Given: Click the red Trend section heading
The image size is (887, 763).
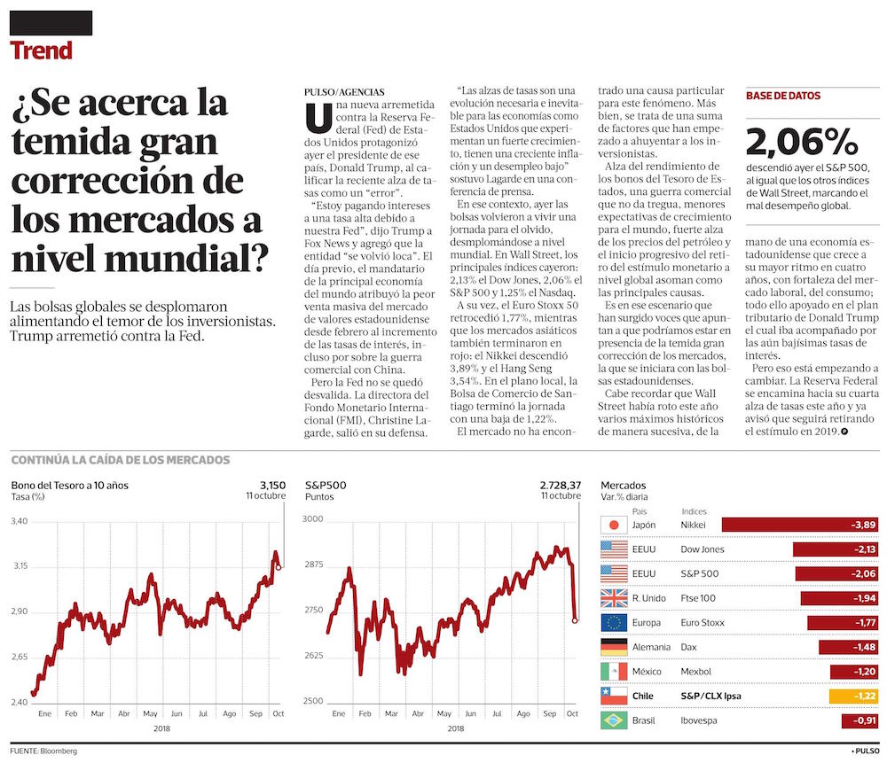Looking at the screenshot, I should [41, 51].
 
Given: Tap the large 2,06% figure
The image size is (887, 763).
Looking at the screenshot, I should [802, 142].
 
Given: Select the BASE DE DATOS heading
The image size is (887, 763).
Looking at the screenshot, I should [783, 96].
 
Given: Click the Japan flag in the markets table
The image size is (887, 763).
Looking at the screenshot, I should [614, 526].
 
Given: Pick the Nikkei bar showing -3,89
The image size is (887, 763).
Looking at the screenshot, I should [800, 526].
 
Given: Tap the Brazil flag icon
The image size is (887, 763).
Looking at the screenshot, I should [614, 720].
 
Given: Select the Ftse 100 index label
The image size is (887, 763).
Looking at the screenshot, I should [699, 598].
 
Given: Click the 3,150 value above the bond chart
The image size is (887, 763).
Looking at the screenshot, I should [272, 485].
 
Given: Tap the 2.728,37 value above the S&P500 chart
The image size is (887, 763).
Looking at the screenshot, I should [560, 485].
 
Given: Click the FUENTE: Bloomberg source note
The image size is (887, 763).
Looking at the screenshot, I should [44, 751].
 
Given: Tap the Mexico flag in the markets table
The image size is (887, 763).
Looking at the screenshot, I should [614, 672].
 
